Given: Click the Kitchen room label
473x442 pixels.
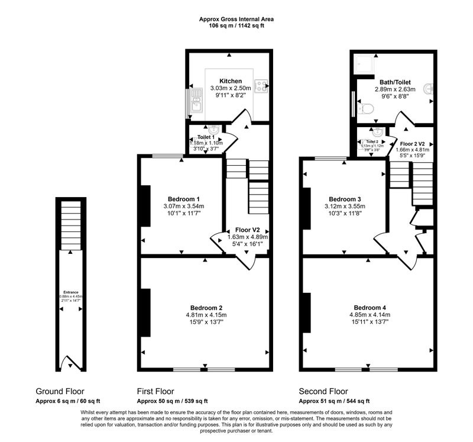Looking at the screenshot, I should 230,81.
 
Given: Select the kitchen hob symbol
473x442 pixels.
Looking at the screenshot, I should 261,86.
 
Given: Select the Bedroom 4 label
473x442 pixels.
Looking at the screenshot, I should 370,308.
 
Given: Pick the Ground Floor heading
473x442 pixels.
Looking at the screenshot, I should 60,391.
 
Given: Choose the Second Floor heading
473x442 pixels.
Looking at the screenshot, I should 323,391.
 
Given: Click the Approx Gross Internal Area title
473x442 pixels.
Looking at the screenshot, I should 237,19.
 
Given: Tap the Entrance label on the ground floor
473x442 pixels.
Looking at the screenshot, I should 70,292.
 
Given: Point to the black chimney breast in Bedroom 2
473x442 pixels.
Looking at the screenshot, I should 145,312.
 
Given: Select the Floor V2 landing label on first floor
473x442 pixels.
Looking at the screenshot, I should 248,230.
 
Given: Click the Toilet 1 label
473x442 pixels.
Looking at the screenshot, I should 205,137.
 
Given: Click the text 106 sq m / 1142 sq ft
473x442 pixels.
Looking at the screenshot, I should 237,26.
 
